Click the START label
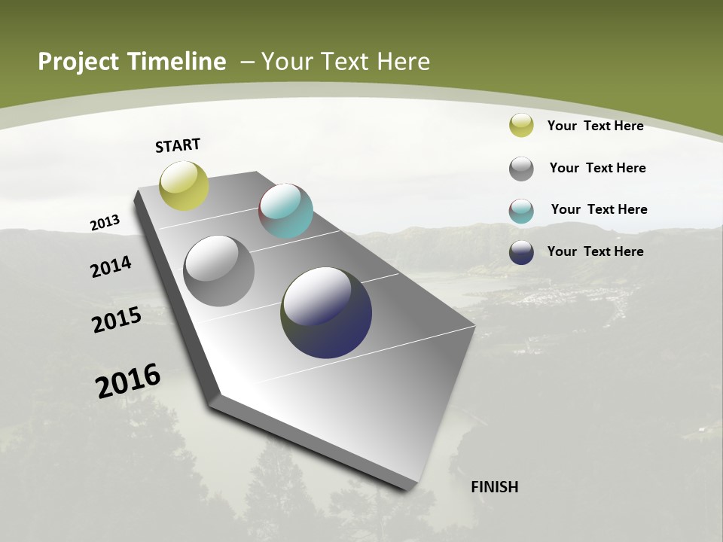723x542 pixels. [178, 145]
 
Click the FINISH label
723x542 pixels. [494, 487]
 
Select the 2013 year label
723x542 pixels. [105, 223]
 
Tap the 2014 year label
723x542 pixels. [111, 266]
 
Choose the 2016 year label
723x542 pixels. [128, 381]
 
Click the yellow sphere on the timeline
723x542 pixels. [184, 185]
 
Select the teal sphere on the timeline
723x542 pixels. [285, 211]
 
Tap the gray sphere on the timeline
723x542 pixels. [218, 271]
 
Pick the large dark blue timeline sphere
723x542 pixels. [326, 312]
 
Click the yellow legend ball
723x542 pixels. [521, 125]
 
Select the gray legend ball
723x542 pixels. [521, 169]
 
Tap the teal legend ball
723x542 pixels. [521, 211]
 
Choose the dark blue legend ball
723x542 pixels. [521, 252]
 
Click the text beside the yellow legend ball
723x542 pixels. [595, 126]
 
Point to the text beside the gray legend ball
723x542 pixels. [597, 168]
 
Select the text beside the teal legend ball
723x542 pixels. [599, 209]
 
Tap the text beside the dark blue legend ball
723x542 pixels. [595, 251]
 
